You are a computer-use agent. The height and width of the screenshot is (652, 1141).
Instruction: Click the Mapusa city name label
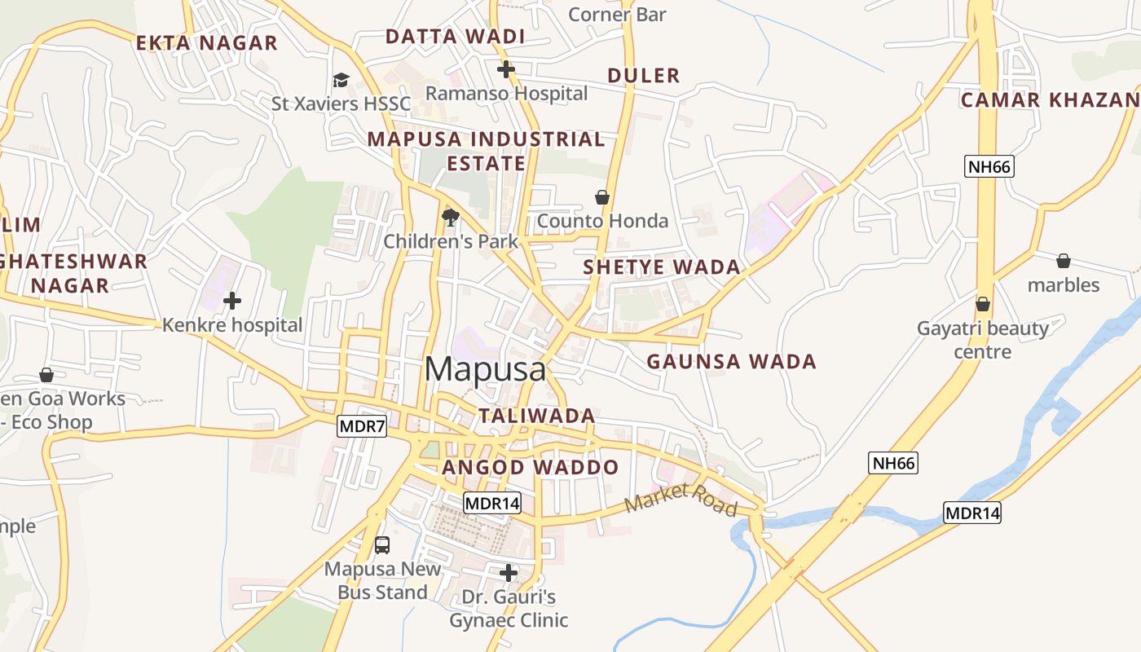[485, 369]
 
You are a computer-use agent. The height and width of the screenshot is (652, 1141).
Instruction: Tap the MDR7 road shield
[362, 426]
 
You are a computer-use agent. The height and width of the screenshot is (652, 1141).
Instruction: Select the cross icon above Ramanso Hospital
[506, 69]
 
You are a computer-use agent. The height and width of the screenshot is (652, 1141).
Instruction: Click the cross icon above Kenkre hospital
[232, 301]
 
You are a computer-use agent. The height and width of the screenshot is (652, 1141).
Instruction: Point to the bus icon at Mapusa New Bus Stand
[382, 544]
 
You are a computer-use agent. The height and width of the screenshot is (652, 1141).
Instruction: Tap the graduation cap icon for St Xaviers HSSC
[341, 80]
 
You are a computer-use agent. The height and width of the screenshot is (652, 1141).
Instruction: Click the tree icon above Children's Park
[450, 217]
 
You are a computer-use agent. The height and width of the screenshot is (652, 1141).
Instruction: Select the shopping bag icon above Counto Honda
[602, 197]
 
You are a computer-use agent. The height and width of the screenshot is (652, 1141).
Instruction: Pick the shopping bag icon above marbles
[1064, 261]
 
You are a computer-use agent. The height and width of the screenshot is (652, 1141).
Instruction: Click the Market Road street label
[681, 499]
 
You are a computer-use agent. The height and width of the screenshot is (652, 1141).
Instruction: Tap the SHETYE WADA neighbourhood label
[662, 267]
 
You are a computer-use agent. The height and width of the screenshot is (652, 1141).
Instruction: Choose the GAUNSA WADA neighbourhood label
[731, 361]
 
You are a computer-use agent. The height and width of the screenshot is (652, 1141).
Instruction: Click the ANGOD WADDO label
[531, 468]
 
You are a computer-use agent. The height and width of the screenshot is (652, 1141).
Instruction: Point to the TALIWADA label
[536, 416]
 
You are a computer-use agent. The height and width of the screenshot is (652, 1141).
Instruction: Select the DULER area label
[644, 76]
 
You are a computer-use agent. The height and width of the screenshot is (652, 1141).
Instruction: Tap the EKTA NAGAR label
[207, 43]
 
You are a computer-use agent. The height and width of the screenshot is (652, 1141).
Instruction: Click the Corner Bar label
[617, 15]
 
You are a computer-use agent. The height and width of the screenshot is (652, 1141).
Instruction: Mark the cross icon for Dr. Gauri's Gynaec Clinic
[509, 573]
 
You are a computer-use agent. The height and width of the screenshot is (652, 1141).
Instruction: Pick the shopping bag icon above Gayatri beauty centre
[983, 304]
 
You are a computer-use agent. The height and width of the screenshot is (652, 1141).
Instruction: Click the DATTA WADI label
[455, 37]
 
